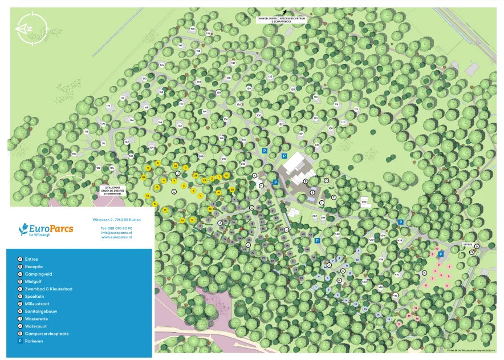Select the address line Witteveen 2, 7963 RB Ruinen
(x=116, y=219)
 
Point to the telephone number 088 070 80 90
(x=117, y=228)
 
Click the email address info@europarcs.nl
(x=117, y=233)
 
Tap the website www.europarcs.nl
(x=117, y=237)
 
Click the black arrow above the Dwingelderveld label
(x=284, y=11)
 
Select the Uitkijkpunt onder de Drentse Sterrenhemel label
(x=110, y=191)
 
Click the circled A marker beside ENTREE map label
(x=477, y=246)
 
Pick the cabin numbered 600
(x=364, y=201)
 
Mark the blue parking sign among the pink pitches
(x=440, y=254)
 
